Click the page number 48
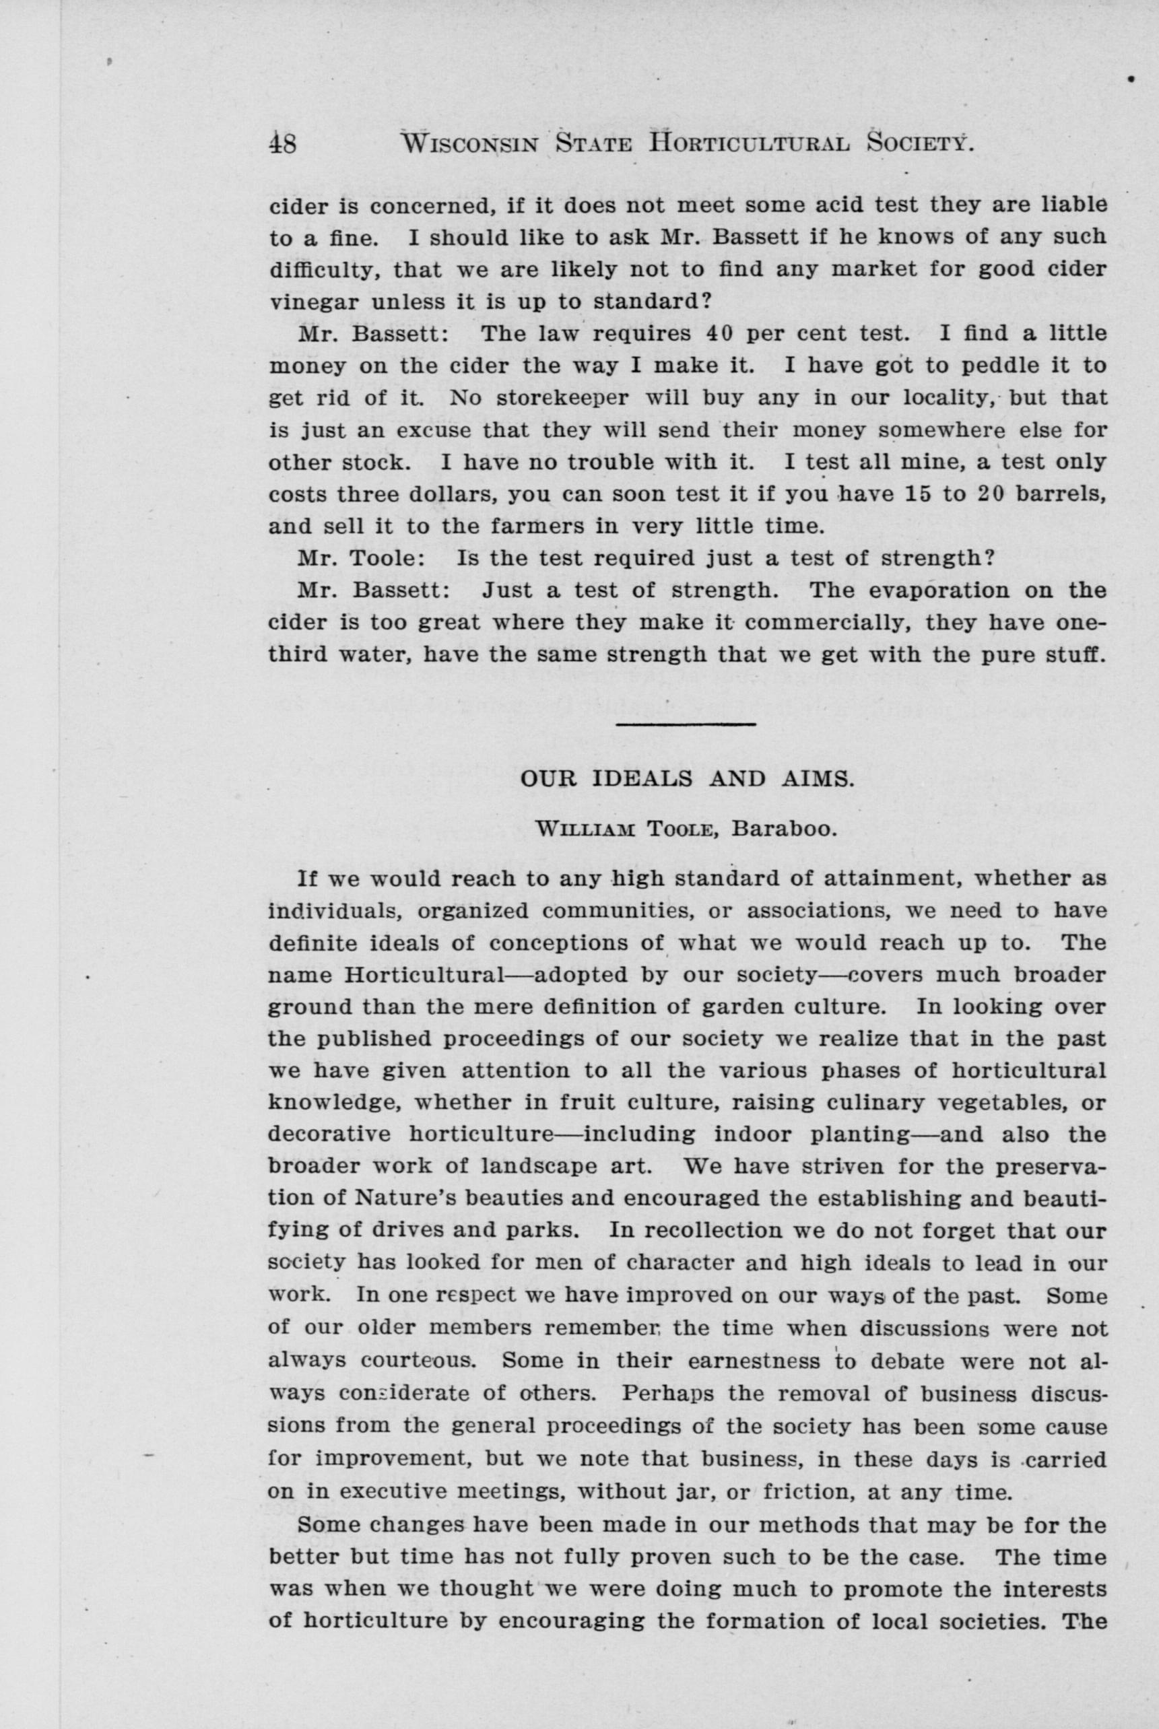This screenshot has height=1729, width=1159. click(x=283, y=143)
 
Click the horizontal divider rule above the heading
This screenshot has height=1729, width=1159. click(x=685, y=723)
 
